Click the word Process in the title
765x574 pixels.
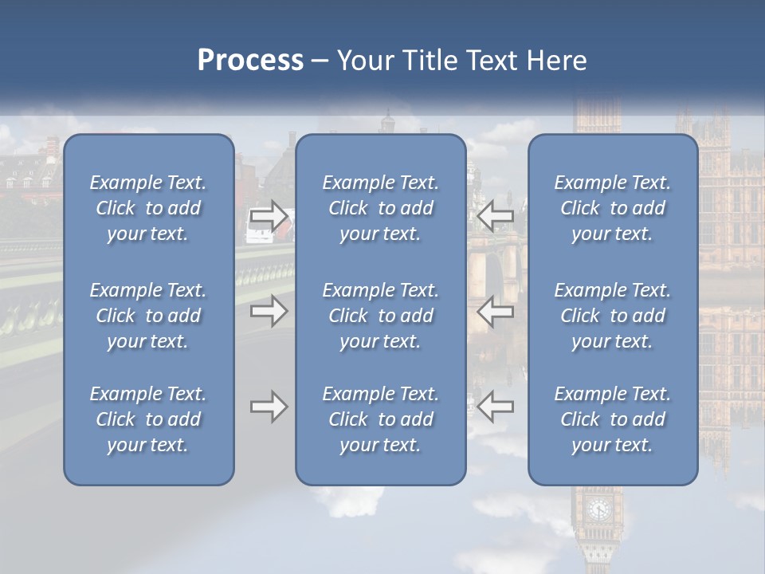[250, 61]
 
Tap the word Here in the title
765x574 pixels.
[556, 61]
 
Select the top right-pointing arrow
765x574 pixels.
[269, 215]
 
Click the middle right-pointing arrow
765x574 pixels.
[269, 311]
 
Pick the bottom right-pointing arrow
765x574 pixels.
[269, 407]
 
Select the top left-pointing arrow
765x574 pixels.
[496, 215]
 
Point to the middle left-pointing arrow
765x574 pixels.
[496, 311]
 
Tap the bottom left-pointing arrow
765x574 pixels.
[496, 407]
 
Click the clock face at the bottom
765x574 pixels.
[598, 509]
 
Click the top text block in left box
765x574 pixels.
[148, 208]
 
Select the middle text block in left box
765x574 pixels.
[148, 316]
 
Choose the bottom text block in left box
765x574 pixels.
[148, 419]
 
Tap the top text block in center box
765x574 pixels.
[381, 208]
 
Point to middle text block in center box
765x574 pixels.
[381, 316]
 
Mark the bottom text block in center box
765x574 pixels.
[381, 419]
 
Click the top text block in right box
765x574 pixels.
[613, 208]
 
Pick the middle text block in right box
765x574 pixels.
[613, 316]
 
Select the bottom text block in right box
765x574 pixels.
[613, 419]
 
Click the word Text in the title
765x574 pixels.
[484, 61]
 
